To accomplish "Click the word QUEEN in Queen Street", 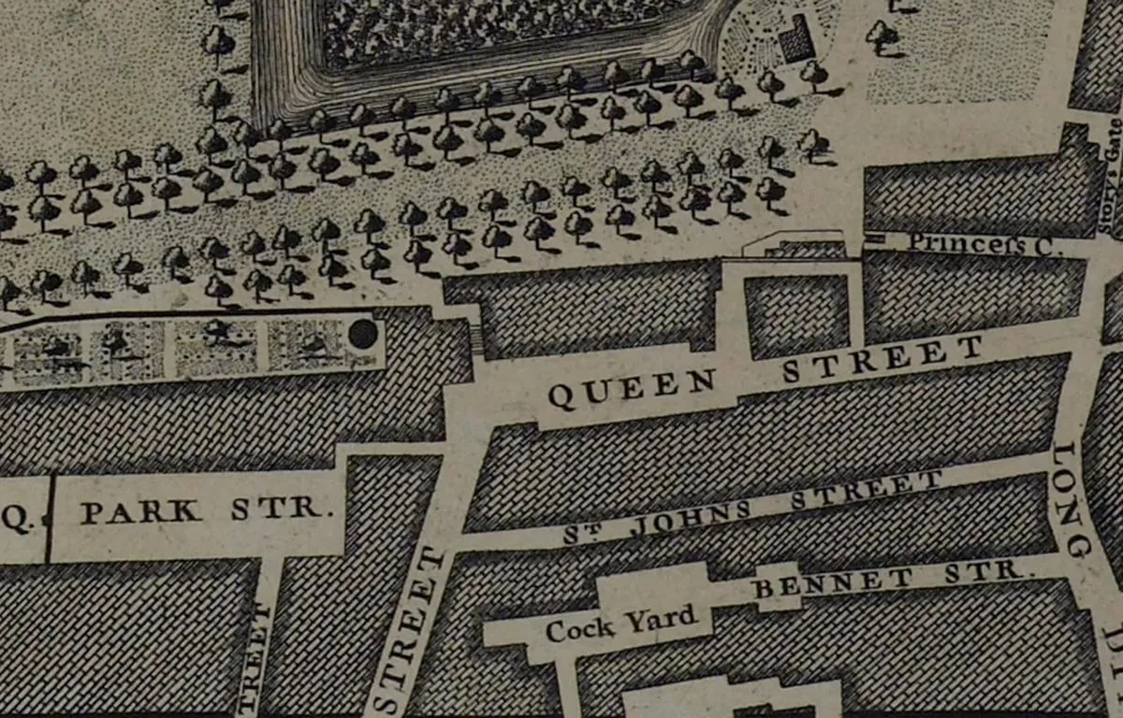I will tap(632, 389).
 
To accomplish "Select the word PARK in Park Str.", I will tap(140, 512).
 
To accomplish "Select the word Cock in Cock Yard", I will tap(580, 628).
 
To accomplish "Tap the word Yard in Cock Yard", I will tap(664, 620).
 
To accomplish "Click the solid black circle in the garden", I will tap(362, 334).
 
